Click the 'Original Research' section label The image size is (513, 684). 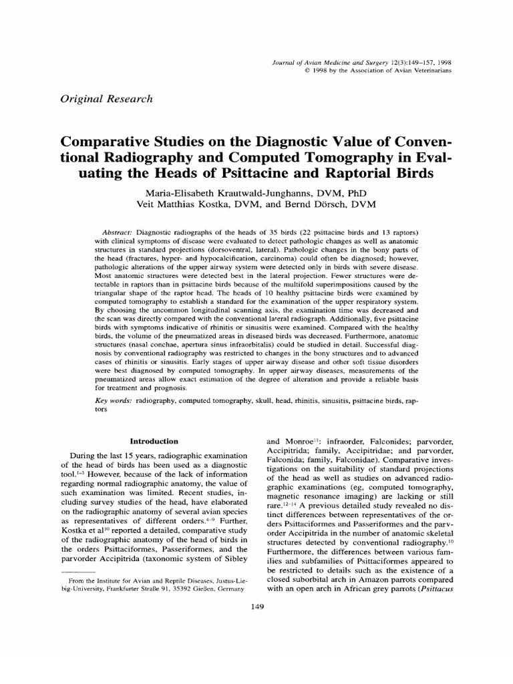(x=98, y=98)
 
